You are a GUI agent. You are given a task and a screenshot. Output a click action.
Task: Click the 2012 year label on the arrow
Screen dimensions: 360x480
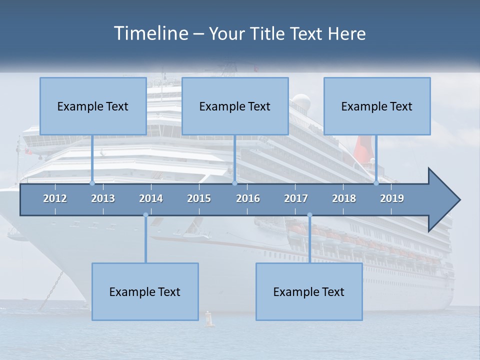pos(55,198)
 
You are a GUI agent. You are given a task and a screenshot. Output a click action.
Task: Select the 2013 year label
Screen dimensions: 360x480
pos(103,198)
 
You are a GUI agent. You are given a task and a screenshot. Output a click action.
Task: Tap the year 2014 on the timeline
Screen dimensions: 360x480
pos(151,198)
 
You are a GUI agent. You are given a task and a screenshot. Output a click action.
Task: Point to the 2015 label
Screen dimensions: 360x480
pos(199,198)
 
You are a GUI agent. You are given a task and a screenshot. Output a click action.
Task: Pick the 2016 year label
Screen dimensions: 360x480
pos(248,198)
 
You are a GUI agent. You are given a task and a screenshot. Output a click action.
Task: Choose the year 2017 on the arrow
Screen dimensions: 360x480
pos(296,198)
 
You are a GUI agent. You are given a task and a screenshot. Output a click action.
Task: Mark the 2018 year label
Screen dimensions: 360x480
pos(344,198)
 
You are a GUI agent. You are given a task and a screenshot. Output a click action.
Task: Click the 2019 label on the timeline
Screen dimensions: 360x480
pos(392,198)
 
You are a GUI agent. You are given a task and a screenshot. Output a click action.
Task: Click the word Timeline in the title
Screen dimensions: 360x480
pos(150,33)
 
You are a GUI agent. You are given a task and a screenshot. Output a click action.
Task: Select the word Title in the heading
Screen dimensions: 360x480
pos(267,34)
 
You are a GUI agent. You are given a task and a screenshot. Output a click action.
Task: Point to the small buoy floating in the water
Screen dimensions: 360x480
pos(209,319)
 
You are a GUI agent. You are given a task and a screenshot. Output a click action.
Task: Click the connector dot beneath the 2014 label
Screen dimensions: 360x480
pos(145,215)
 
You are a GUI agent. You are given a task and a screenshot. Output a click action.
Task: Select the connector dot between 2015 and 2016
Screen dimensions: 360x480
pos(234,183)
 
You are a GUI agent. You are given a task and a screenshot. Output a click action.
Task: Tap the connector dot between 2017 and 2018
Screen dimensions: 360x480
pos(309,215)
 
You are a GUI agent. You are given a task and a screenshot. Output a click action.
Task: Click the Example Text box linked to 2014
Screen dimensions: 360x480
pos(145,291)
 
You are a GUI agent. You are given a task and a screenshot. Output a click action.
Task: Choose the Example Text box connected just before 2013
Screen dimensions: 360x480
pos(93,106)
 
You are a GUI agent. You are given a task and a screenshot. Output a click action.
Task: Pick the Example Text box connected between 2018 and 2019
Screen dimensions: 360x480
pos(377,106)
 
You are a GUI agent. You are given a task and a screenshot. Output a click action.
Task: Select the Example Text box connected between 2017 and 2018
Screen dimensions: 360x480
pos(309,291)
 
